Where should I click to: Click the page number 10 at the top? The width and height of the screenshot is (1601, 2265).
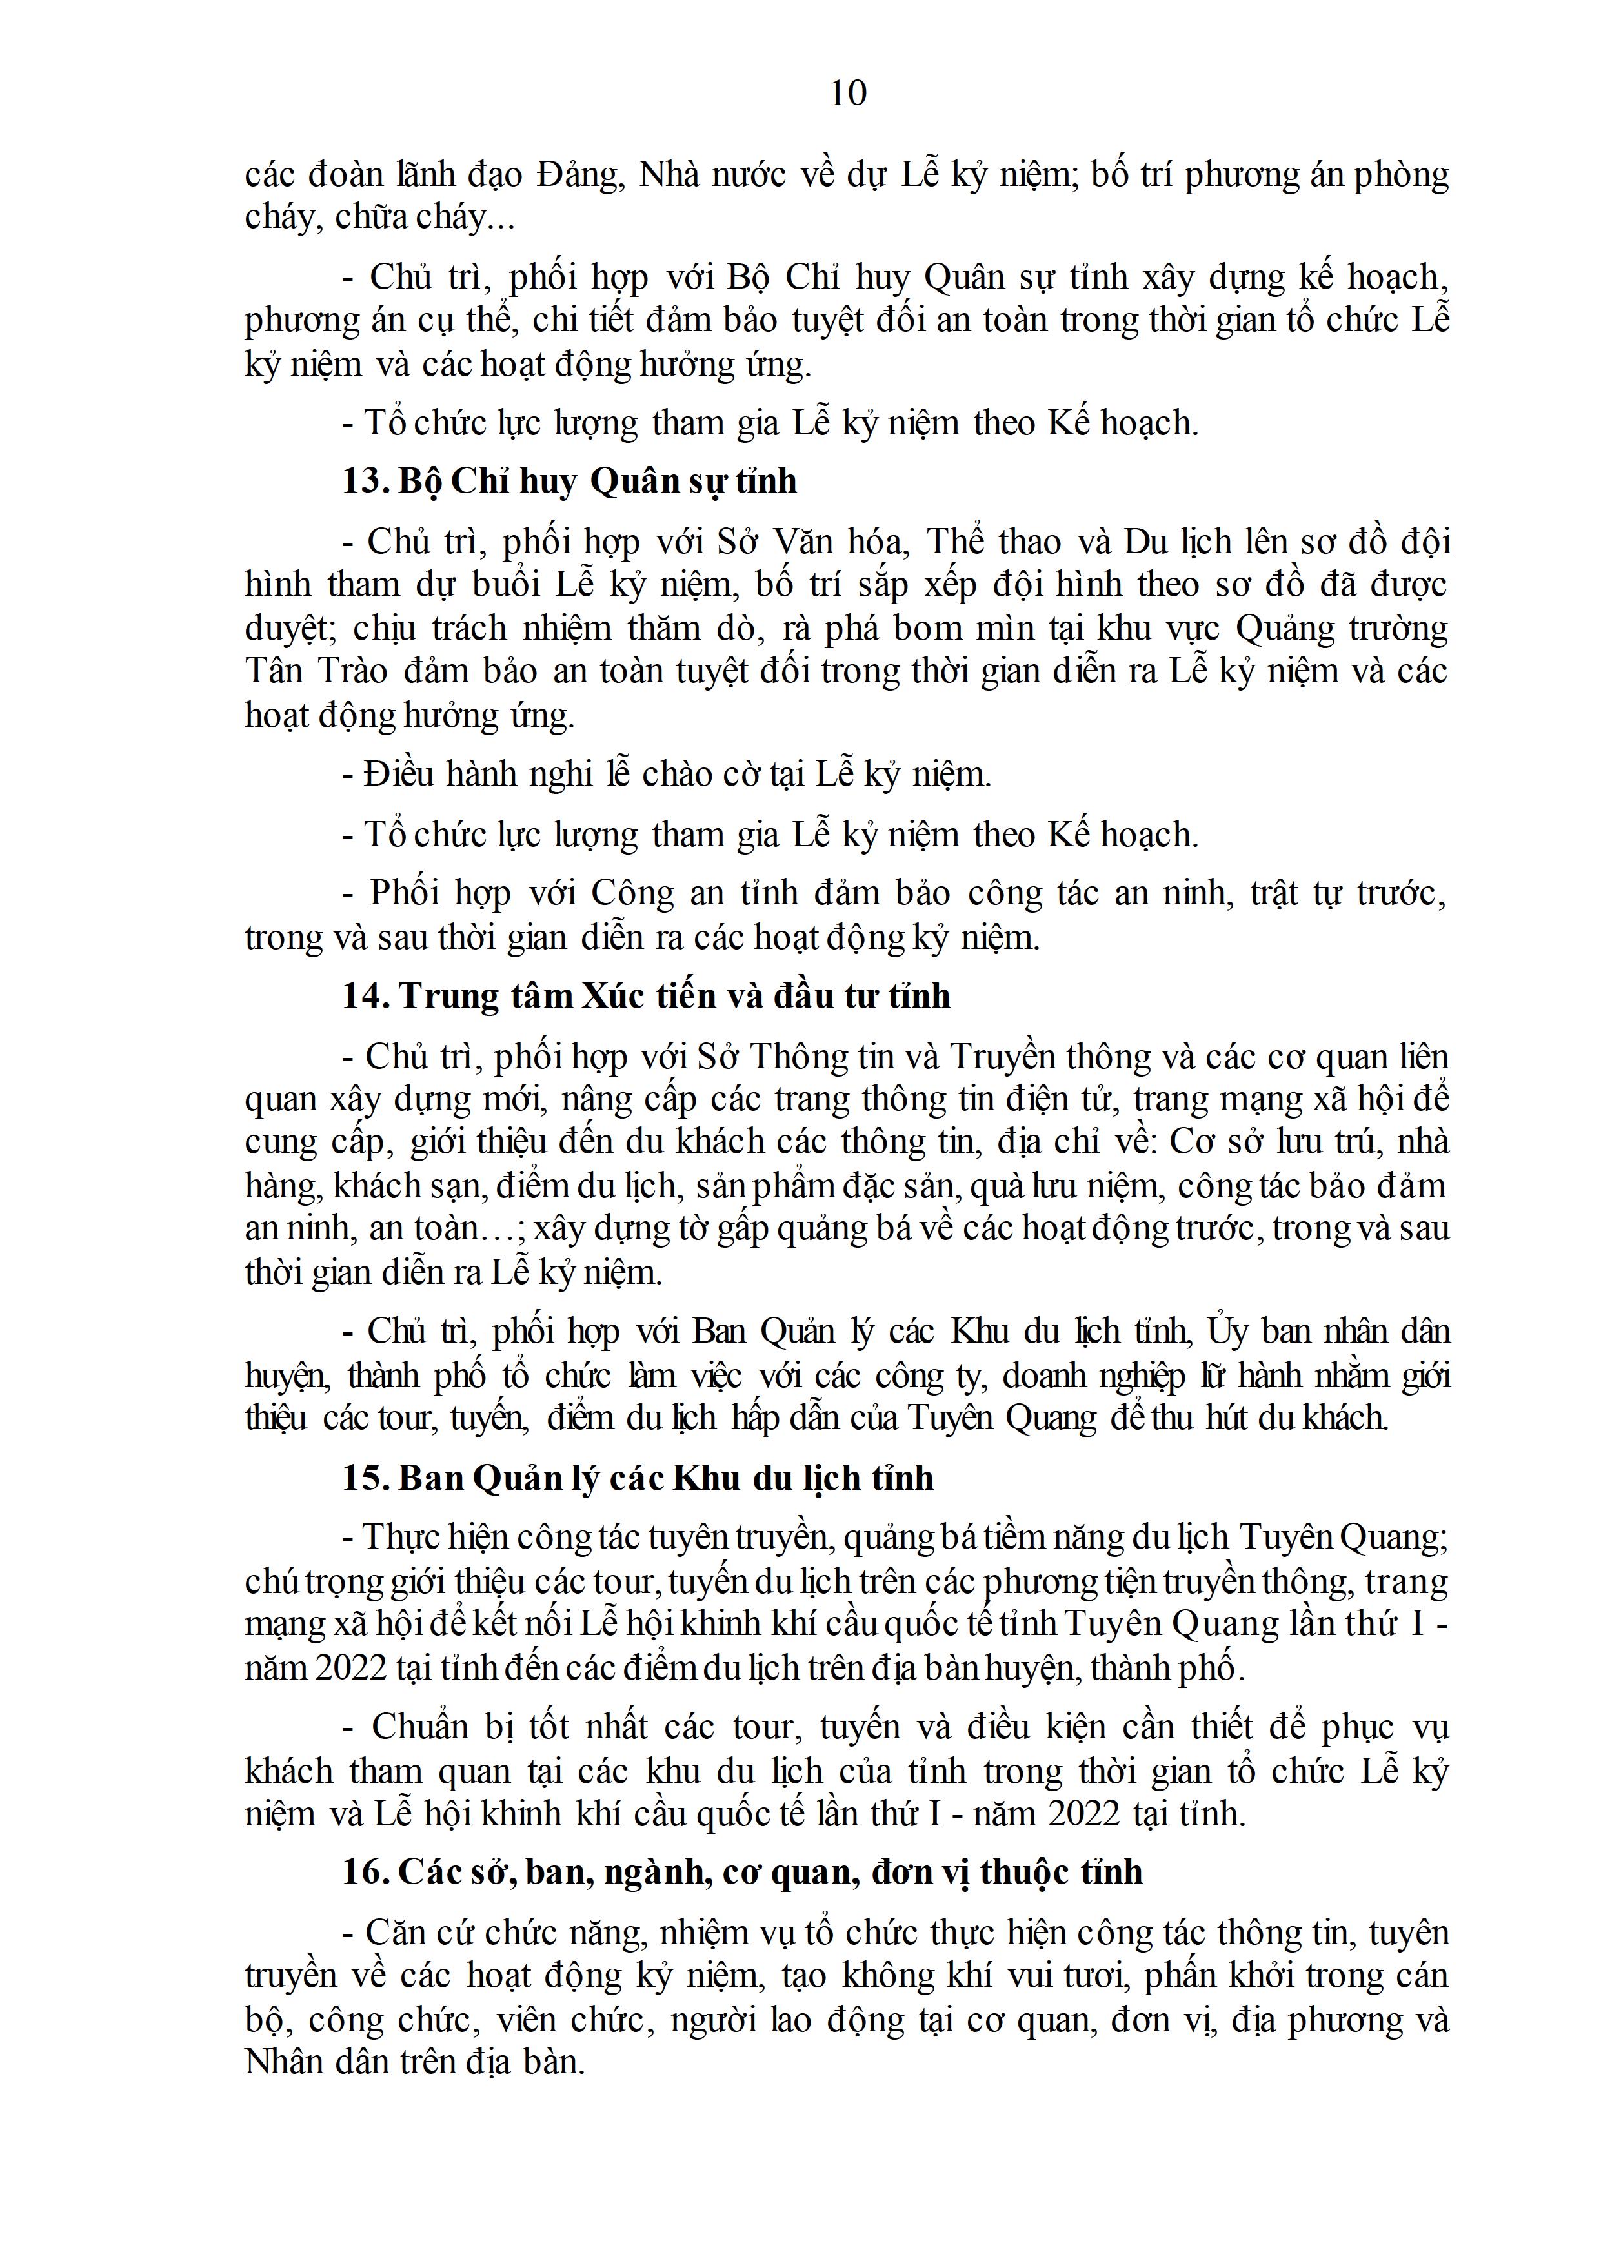849,93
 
